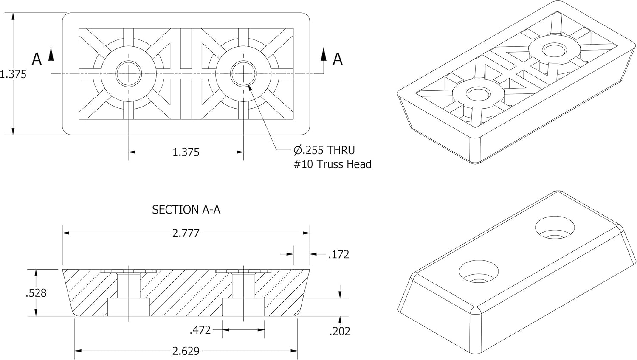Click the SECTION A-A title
pos(186,210)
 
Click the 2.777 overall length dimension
pos(186,233)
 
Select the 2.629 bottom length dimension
pos(186,351)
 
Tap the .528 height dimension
pos(36,293)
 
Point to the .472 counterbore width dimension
pos(200,330)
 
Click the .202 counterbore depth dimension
pos(340,331)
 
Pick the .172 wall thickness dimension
pos(339,254)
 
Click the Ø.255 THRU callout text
pos(324,150)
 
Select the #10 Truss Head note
pos(333,164)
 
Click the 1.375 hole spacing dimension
pos(186,152)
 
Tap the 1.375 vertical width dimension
pos(13,74)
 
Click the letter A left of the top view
pos(37,59)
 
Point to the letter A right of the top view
pos(338,59)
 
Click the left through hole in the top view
pos(129,73)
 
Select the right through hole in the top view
pos(243,73)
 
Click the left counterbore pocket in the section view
pos(129,307)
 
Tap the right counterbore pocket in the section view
pos(243,307)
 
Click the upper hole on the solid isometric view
pos(555,228)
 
